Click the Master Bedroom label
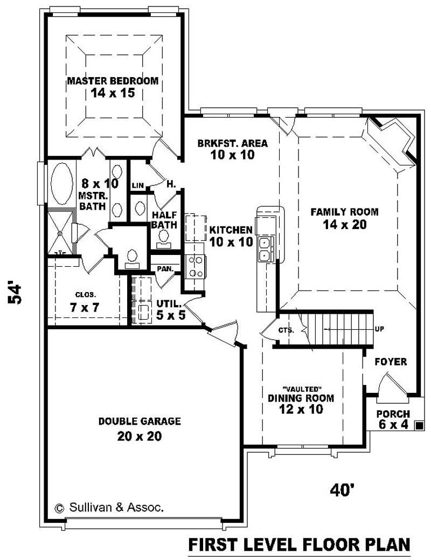[113, 81]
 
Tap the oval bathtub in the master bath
[62, 184]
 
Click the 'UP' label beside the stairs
[379, 329]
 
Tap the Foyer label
[391, 362]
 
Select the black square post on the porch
[419, 425]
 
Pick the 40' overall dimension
[342, 490]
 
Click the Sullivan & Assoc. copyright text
[109, 508]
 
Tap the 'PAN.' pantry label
[165, 268]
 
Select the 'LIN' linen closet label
[138, 186]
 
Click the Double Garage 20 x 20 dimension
[139, 436]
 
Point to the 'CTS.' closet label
[287, 330]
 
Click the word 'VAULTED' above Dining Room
[302, 389]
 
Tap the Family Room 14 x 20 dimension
[345, 224]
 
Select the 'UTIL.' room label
[169, 303]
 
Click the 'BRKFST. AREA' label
[232, 143]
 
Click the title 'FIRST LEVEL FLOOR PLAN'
[299, 545]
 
